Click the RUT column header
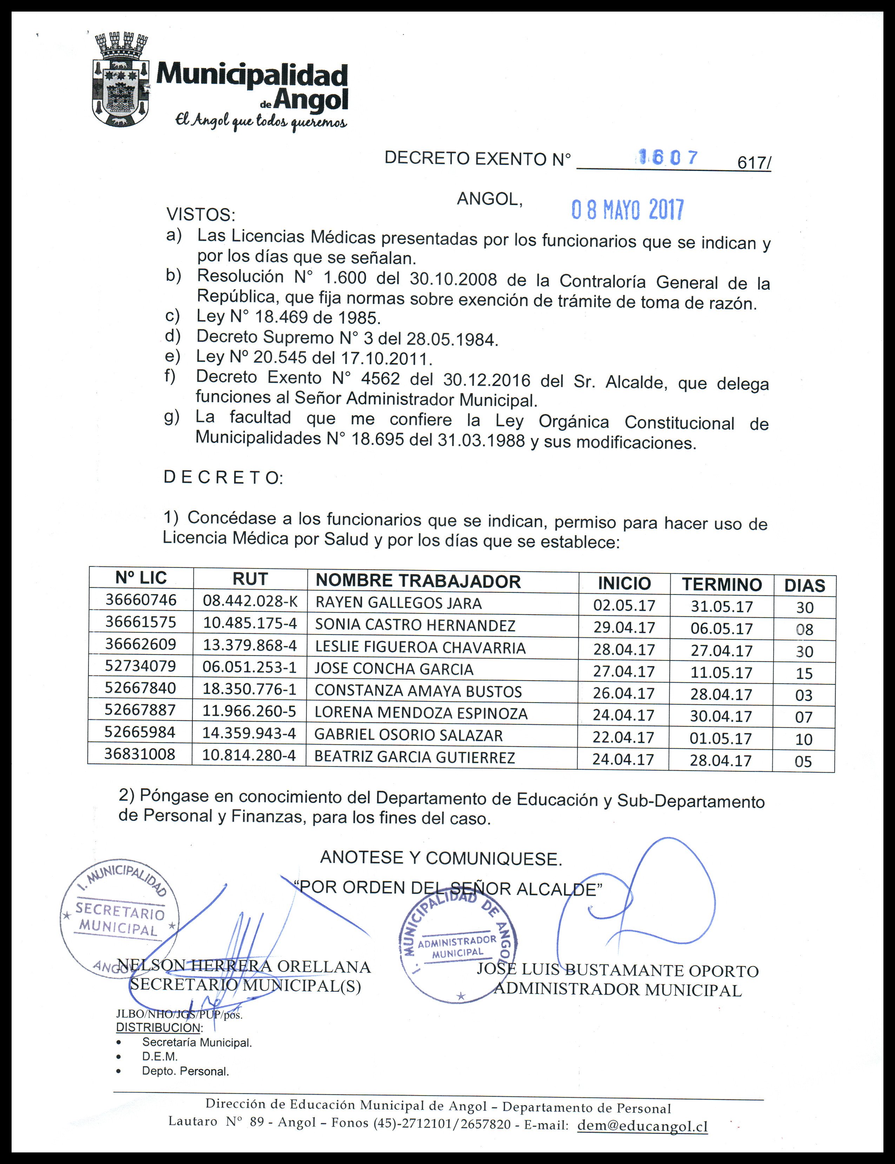250,579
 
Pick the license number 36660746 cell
141,600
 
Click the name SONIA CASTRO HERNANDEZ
415,625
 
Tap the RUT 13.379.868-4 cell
249,645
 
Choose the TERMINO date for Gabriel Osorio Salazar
721,738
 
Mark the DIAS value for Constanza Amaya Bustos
803,695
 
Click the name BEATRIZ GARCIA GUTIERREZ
415,757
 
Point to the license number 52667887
140,710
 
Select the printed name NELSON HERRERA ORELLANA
244,967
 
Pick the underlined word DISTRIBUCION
158,1027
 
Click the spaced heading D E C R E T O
222,477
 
